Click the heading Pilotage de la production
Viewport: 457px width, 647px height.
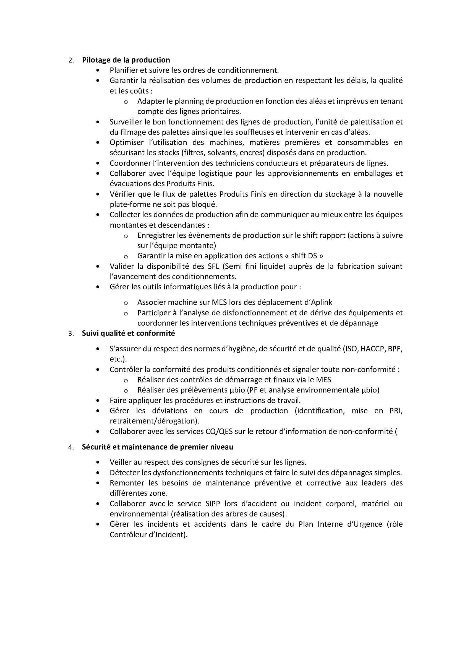click(x=126, y=60)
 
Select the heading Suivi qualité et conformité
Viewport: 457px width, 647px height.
click(x=128, y=333)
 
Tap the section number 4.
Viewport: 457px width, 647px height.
click(x=71, y=448)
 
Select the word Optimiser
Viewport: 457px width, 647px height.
click(x=127, y=142)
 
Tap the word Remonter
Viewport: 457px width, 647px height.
click(x=127, y=483)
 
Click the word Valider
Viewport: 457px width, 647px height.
click(x=121, y=266)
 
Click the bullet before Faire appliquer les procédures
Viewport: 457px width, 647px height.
click(x=98, y=401)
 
